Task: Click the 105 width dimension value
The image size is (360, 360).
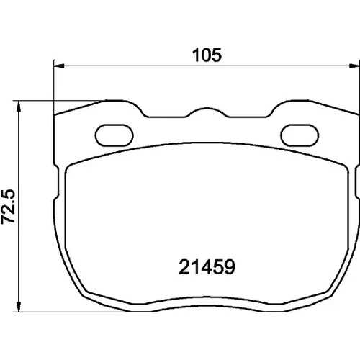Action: pos(207,55)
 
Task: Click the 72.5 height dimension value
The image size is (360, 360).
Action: pos(8,207)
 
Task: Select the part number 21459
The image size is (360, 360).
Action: pos(207,267)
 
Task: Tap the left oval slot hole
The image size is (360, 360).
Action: pos(114,135)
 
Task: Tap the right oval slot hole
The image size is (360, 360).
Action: pos(300,135)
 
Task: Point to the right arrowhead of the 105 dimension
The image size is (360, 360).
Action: pos(354,66)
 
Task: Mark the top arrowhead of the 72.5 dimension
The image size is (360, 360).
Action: pos(19,107)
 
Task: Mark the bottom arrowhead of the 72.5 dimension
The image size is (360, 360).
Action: pos(19,306)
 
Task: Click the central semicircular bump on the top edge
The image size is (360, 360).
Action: pos(207,109)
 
